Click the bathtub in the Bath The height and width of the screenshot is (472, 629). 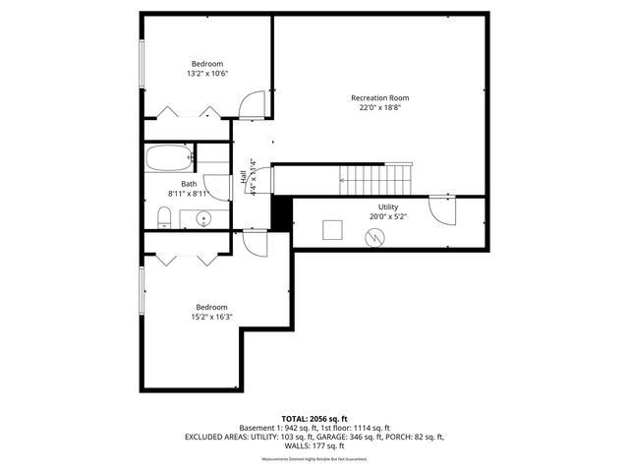(x=168, y=157)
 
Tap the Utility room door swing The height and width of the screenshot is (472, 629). (x=449, y=212)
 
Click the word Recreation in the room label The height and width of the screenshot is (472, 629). (x=370, y=97)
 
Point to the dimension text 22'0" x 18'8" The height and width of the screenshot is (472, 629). (x=379, y=108)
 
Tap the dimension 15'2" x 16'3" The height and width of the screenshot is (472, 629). (x=211, y=317)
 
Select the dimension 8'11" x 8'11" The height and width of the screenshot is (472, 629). (x=189, y=195)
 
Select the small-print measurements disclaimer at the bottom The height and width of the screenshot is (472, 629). (x=314, y=458)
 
